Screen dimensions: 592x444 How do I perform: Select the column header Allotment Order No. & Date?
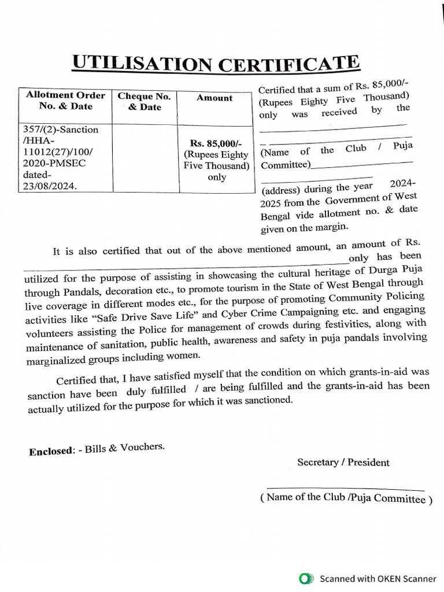(65, 101)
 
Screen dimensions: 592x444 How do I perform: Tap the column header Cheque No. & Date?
(144, 102)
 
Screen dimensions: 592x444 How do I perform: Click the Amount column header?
(214, 98)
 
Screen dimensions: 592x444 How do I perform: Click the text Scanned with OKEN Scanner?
(378, 578)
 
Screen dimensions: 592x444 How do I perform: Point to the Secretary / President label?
(343, 462)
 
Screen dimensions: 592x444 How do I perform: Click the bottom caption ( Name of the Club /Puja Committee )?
(346, 498)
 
